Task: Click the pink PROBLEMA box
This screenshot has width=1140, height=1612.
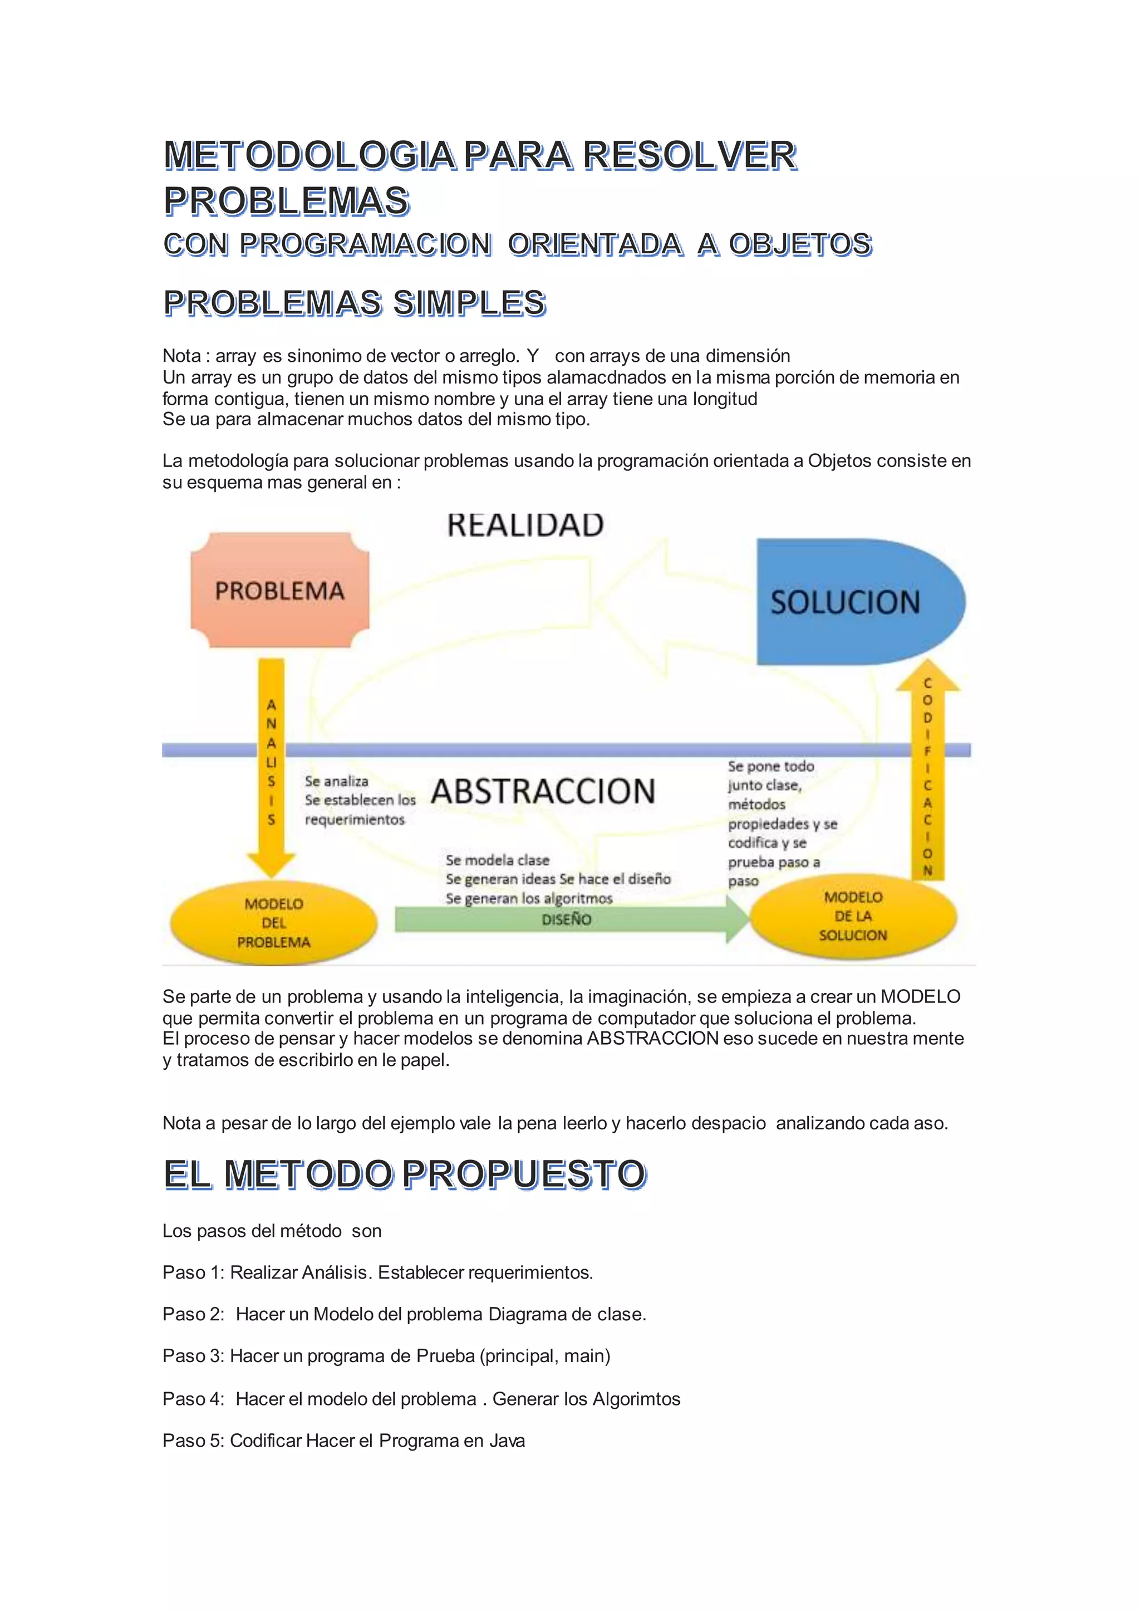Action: (279, 591)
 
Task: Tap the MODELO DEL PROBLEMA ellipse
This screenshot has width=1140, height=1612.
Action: (273, 922)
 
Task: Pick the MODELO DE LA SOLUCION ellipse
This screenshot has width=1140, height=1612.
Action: (853, 916)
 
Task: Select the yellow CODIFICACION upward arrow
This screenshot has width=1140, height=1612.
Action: (927, 772)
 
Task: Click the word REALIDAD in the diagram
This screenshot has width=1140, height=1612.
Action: (525, 525)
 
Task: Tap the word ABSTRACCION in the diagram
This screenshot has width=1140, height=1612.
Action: (543, 792)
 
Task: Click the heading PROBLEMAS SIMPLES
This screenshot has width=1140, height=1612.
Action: (355, 303)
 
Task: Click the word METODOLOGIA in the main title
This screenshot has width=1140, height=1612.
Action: (309, 155)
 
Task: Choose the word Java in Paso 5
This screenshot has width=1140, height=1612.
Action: (507, 1441)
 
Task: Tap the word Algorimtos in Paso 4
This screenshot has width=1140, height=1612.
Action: (636, 1399)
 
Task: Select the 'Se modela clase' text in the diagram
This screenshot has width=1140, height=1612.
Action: (497, 860)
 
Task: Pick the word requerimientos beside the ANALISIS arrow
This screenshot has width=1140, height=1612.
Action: (355, 819)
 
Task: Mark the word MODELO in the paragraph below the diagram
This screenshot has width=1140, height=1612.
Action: (920, 996)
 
